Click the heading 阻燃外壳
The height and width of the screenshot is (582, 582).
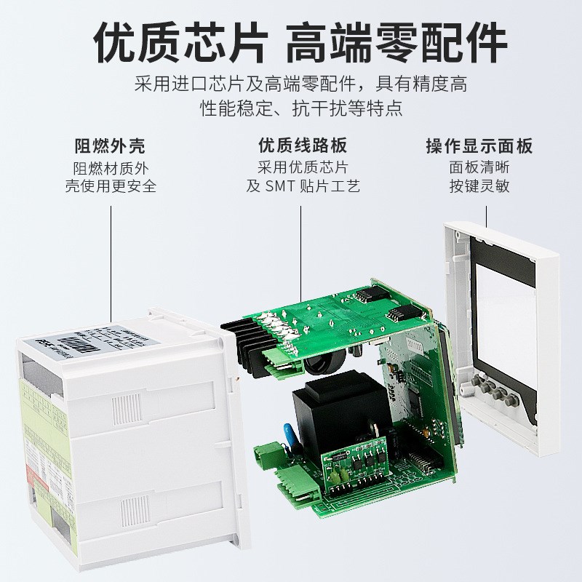pos(110,145)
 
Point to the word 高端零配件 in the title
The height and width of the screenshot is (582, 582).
pos(396,46)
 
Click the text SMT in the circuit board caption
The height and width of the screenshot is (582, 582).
pos(284,186)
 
